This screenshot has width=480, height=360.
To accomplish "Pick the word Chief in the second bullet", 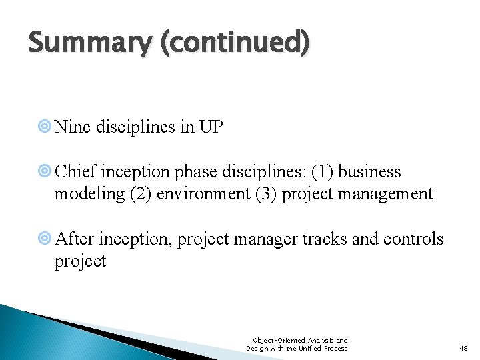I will [75, 171].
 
